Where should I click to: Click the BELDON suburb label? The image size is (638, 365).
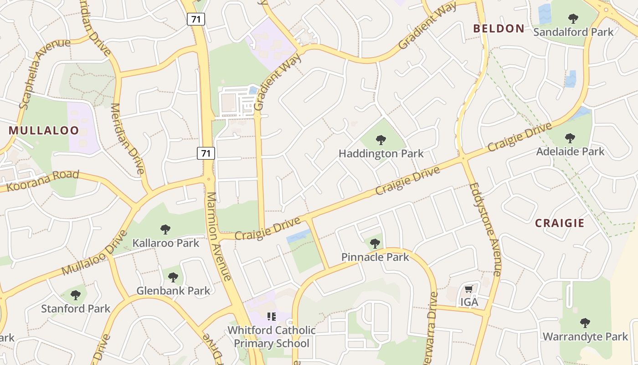coord(499,28)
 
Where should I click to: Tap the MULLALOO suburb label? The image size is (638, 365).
coord(44,130)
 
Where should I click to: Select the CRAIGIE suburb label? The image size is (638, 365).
coord(560,223)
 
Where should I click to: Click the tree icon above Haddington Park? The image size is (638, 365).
coord(381,140)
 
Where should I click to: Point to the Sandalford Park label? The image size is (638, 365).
coord(573,32)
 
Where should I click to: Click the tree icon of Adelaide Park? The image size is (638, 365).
coord(570,138)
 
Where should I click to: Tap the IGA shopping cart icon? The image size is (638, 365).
coord(468,289)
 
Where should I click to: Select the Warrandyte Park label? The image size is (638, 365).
coord(585,337)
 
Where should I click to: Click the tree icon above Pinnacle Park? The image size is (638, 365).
coord(375,244)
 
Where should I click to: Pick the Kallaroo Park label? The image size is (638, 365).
coord(166,243)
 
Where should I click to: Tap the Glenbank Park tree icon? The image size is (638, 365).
coord(173,277)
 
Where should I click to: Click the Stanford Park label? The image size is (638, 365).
coord(76,308)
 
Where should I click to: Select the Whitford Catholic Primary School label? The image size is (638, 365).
coord(272,337)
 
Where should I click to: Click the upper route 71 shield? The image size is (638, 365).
coord(196,19)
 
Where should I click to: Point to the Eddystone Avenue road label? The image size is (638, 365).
coord(486,228)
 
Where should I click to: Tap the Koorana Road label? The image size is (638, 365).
coord(43,181)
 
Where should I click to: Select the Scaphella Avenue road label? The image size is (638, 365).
coord(44,73)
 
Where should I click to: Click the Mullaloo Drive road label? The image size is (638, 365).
coord(93,253)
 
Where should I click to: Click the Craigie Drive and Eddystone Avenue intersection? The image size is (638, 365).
coord(463,158)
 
